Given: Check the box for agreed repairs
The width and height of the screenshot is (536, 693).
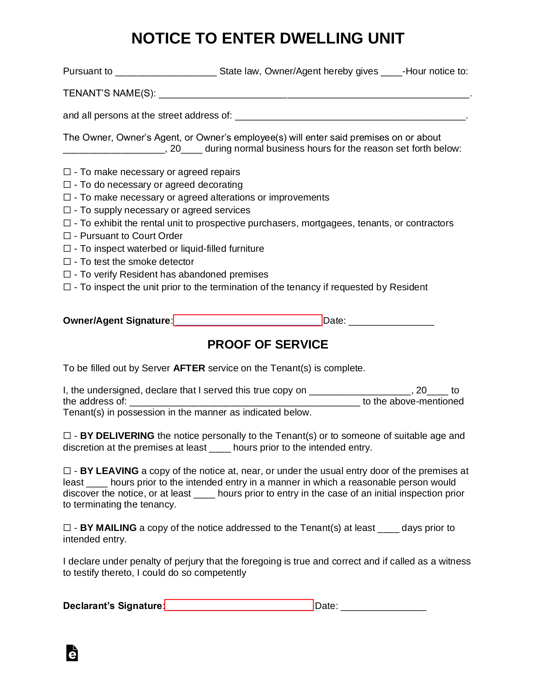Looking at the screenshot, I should click(67, 172).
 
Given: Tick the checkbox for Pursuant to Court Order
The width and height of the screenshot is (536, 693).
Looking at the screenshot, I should click(67, 236).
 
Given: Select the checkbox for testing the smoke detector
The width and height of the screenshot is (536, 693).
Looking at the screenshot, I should click(67, 261).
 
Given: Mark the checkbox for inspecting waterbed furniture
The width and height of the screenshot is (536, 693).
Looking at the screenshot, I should click(67, 248).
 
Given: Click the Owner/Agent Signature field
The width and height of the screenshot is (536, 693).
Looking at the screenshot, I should click(248, 320).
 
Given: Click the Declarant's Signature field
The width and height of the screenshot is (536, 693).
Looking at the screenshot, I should click(239, 605).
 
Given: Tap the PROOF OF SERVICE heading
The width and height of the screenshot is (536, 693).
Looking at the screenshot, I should click(268, 344).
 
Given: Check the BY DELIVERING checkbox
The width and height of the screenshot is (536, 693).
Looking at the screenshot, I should click(67, 436).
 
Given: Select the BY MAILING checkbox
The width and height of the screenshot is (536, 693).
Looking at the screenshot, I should click(67, 528).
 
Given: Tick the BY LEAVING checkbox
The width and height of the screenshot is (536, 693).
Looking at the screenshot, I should click(67, 471).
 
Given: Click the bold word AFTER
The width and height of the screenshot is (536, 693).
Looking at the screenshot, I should click(189, 368).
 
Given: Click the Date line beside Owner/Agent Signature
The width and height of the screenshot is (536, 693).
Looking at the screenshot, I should click(391, 322).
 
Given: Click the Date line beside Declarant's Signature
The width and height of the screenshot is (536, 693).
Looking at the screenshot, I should click(383, 607).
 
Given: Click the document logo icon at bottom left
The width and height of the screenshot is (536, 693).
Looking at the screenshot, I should click(72, 653).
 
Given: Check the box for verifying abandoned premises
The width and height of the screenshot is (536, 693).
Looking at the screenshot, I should click(67, 274).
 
